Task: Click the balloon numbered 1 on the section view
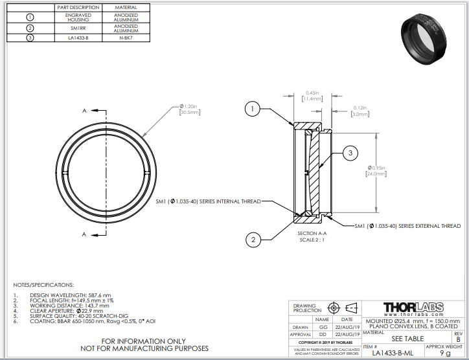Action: tap(253, 109)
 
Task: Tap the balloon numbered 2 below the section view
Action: tap(253, 240)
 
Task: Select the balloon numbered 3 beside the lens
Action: tap(350, 153)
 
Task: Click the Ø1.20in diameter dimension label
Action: tap(190, 109)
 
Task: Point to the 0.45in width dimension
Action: tap(311, 95)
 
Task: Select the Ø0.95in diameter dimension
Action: tap(376, 171)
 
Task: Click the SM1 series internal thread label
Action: tap(208, 201)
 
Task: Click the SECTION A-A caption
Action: tap(314, 233)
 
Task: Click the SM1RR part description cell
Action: tap(78, 28)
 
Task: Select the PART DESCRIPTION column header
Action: tap(78, 6)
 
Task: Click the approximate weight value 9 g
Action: tap(444, 353)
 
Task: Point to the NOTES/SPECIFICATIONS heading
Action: tap(43, 285)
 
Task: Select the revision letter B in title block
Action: tap(459, 339)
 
